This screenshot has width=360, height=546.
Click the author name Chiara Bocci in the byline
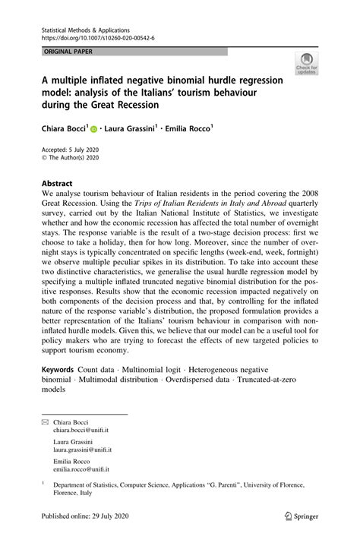click(64, 130)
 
